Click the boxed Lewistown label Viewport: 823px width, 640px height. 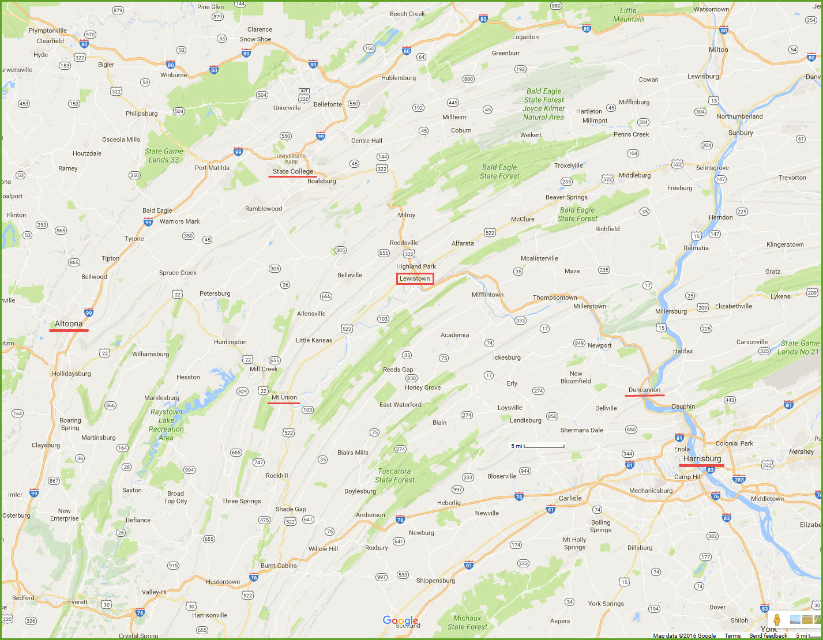tap(415, 278)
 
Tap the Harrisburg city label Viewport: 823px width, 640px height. tap(702, 458)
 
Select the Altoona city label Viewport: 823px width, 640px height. tap(69, 323)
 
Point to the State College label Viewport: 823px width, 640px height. tap(293, 171)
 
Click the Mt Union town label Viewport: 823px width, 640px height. tap(284, 397)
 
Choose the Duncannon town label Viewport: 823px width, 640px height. tap(644, 390)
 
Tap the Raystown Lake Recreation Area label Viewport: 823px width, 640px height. tap(166, 424)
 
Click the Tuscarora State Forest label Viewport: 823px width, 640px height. tap(394, 475)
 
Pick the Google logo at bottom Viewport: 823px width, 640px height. tap(400, 620)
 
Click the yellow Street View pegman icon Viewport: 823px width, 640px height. tap(777, 620)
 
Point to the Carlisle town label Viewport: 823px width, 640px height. tap(570, 498)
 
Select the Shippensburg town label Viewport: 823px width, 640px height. tap(435, 581)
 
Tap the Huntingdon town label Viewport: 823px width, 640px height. tap(230, 342)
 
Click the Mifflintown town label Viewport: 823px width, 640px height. tap(487, 295)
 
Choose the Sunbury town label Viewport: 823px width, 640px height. tap(741, 133)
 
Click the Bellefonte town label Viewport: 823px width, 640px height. tap(328, 104)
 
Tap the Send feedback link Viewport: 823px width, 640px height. tap(768, 635)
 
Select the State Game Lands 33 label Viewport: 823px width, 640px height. tap(164, 156)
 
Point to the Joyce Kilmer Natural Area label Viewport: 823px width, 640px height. tap(543, 112)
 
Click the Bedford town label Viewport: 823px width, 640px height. tap(23, 598)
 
